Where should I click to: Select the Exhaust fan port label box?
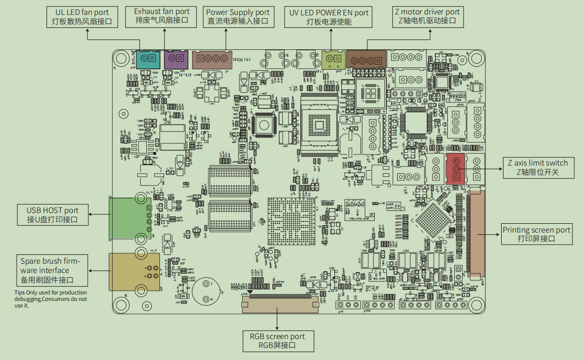[162, 16]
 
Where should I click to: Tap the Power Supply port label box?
[238, 16]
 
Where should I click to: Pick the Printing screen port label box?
[536, 234]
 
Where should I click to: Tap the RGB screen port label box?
[278, 341]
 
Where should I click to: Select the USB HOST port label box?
[53, 215]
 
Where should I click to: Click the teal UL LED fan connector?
[148, 59]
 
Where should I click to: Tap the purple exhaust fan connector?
[176, 59]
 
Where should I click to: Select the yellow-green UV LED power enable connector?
[333, 59]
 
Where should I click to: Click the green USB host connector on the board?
[131, 218]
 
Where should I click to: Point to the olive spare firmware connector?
[134, 272]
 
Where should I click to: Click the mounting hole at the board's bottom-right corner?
[476, 304]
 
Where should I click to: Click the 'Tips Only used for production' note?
[51, 299]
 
